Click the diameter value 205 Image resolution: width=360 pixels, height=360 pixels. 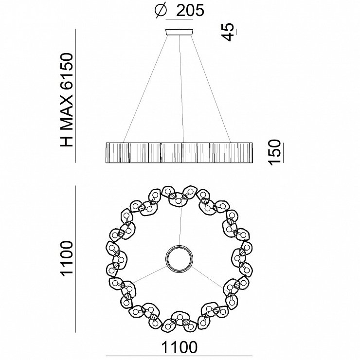pyautogui.click(x=190, y=10)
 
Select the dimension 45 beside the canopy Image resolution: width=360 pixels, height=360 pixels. pyautogui.click(x=229, y=32)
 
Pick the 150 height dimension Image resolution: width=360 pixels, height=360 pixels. pyautogui.click(x=274, y=152)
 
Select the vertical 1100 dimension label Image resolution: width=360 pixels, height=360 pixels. pyautogui.click(x=67, y=258)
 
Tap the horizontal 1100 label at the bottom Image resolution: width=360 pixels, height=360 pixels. pyautogui.click(x=180, y=347)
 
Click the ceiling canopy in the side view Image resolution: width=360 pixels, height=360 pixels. pyautogui.click(x=180, y=32)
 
